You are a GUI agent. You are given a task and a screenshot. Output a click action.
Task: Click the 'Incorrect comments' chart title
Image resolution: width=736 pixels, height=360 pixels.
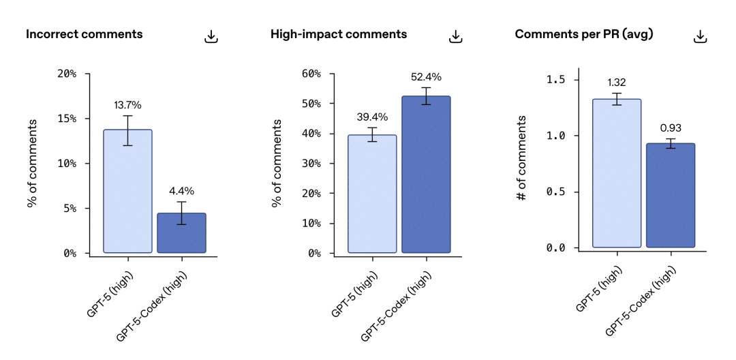click(84, 34)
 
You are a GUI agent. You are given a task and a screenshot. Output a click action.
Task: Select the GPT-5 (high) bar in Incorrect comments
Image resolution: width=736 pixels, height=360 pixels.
click(127, 191)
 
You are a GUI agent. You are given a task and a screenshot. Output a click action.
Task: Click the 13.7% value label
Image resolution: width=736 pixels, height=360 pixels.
click(127, 105)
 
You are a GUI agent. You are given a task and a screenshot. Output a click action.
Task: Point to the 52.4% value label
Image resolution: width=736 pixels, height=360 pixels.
click(426, 77)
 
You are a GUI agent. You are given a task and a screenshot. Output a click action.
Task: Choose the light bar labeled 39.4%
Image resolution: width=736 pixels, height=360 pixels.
click(372, 194)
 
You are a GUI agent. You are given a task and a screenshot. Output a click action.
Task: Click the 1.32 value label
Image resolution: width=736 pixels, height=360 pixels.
click(616, 82)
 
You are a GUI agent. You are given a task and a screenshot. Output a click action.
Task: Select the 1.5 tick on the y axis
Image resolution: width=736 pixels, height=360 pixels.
click(557, 80)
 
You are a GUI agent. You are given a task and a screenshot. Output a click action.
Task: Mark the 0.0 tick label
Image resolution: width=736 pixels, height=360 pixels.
click(557, 247)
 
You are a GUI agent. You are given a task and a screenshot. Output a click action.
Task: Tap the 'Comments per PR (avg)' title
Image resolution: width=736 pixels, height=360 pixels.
click(584, 34)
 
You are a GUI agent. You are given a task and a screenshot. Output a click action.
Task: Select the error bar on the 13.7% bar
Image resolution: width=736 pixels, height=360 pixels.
click(127, 130)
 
